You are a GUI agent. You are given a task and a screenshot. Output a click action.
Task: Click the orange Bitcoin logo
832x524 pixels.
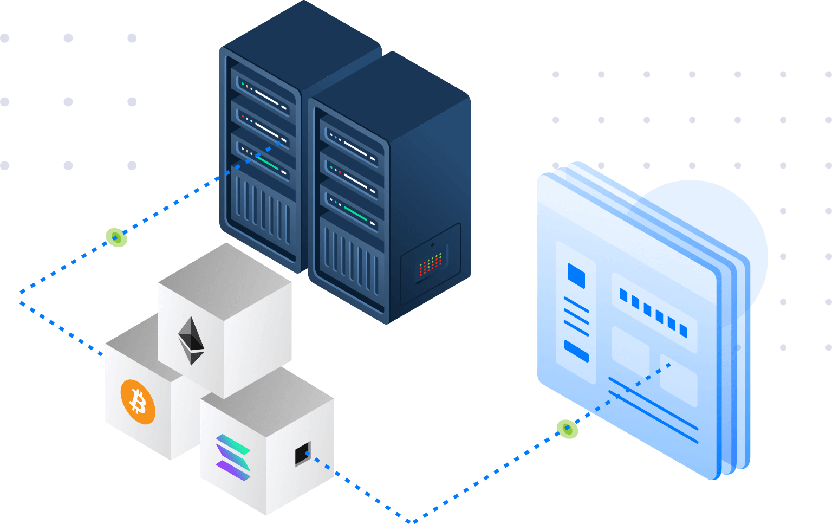click(138, 402)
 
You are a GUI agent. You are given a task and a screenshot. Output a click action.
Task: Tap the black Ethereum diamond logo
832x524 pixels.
click(191, 340)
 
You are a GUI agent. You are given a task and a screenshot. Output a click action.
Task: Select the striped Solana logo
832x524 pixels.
click(233, 457)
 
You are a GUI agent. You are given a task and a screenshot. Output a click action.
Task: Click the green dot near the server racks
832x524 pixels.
click(116, 237)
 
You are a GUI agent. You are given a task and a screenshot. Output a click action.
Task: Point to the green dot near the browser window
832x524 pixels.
click(567, 429)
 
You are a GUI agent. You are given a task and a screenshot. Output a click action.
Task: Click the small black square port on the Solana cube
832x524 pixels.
click(302, 455)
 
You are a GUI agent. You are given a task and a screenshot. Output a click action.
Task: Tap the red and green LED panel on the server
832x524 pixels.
click(431, 265)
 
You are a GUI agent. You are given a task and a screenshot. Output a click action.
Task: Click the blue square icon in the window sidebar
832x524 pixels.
click(576, 275)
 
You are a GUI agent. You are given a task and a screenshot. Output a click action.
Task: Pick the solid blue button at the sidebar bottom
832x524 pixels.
click(576, 351)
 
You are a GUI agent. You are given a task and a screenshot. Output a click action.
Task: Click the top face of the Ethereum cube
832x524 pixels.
click(225, 276)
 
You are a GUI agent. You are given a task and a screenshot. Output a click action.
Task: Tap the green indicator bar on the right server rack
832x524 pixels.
click(355, 213)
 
